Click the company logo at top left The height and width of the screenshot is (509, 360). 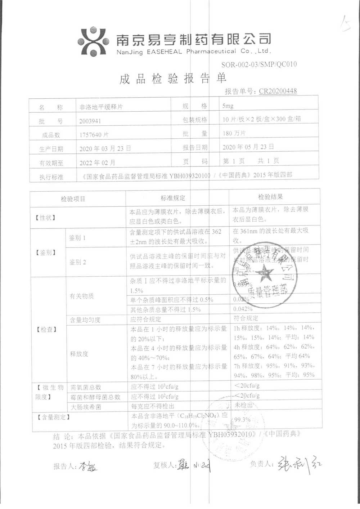pos(93,41)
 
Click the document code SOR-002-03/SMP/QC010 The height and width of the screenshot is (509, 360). pos(259,64)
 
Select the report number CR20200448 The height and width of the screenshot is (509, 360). pos(278,91)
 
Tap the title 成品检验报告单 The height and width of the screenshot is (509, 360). pos(173,79)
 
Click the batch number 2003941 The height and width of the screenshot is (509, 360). pos(90,121)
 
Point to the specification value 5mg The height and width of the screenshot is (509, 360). pos(228,106)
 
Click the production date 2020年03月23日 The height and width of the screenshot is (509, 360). pos(105,148)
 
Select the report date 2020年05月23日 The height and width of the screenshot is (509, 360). pos(248,147)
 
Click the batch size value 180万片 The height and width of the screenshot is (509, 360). pos(234,133)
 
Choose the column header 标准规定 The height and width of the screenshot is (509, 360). pos(173,198)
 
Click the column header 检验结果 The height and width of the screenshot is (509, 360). pos(270,197)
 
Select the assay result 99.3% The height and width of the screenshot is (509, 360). pos(242,420)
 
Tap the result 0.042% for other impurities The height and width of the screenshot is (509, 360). pos(243,309)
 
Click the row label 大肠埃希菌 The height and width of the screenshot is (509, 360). pos(86,407)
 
